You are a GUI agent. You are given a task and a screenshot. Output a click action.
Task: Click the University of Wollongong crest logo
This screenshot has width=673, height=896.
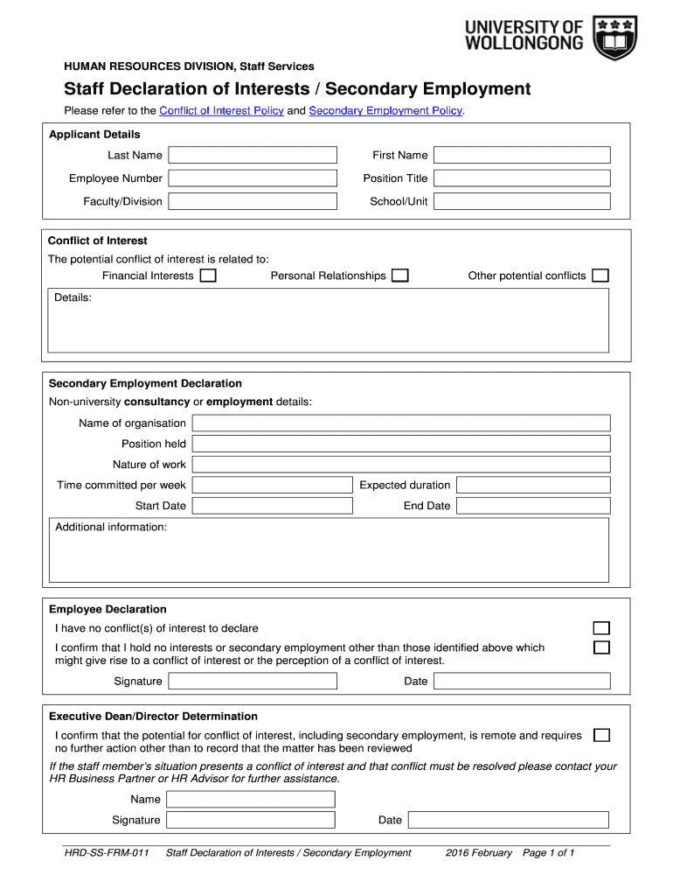615,37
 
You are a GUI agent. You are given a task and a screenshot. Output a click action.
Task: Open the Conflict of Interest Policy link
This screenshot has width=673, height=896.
221,111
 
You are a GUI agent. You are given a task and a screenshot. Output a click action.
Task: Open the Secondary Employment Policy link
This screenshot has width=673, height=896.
385,111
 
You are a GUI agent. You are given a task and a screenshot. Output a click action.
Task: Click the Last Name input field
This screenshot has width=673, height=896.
253,155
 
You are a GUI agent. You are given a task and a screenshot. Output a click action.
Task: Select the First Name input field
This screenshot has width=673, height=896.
522,155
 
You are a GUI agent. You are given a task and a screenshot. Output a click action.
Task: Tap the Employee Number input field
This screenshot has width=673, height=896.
253,178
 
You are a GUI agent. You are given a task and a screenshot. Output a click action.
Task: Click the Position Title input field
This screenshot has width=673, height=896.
522,178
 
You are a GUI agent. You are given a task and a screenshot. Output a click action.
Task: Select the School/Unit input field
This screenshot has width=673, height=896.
522,201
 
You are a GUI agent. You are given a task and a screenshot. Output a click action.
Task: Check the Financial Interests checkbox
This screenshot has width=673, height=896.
208,276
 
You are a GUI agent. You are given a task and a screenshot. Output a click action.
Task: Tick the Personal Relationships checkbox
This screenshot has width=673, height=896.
399,276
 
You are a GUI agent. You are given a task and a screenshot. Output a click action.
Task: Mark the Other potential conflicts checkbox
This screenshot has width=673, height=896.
600,276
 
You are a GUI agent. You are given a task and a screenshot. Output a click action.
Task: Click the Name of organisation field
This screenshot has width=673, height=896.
400,423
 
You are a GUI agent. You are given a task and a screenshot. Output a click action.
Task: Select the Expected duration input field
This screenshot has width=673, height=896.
532,485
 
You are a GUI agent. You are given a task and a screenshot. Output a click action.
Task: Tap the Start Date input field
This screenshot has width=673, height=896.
274,506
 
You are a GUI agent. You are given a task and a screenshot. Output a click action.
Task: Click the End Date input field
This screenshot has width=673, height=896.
532,506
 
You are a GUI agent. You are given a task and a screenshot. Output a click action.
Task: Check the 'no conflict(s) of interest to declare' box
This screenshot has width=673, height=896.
601,628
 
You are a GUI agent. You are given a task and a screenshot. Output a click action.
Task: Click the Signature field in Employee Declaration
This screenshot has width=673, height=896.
253,682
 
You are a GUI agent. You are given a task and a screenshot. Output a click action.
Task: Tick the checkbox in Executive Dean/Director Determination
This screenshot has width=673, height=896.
601,735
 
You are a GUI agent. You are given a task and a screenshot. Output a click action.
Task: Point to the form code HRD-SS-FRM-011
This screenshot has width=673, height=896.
101,853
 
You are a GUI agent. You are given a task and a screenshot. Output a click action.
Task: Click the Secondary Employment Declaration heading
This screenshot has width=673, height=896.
145,383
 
